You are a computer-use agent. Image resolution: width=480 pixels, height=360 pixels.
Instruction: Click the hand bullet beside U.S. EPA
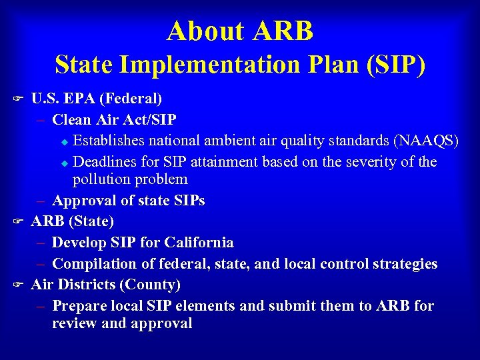click(x=19, y=99)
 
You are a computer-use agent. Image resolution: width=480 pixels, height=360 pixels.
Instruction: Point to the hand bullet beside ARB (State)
click(x=19, y=221)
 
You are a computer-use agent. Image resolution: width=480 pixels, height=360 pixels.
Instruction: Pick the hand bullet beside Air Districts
click(x=19, y=285)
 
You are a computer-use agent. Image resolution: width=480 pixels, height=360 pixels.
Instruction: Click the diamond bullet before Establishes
click(x=64, y=141)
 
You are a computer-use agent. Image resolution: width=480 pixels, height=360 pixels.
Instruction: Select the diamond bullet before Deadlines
click(x=64, y=163)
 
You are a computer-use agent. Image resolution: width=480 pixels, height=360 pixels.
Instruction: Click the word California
click(x=198, y=242)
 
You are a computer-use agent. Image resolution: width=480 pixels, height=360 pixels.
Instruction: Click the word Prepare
click(x=77, y=306)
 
